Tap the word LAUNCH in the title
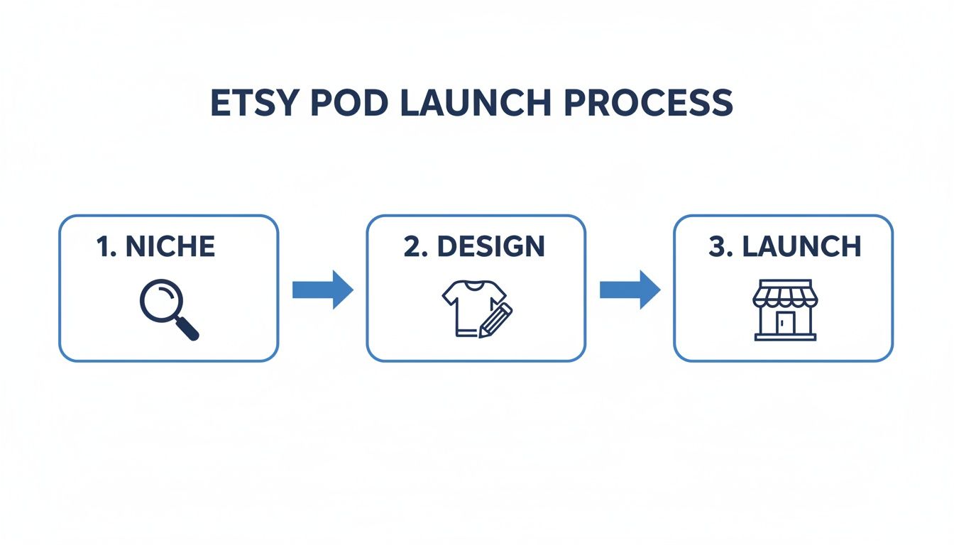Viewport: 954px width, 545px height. pyautogui.click(x=474, y=104)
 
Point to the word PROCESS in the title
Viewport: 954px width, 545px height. pyautogui.click(x=648, y=104)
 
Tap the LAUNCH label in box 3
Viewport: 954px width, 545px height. pyautogui.click(x=801, y=246)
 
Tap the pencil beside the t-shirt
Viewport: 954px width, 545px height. pyautogui.click(x=496, y=320)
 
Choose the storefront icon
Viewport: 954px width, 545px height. pyautogui.click(x=784, y=309)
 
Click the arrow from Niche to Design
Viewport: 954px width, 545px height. pyautogui.click(x=323, y=289)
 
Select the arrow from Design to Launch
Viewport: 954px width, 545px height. pyautogui.click(x=630, y=289)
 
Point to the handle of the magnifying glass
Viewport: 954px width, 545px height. pyautogui.click(x=187, y=328)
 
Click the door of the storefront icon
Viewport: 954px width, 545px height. pyautogui.click(x=784, y=323)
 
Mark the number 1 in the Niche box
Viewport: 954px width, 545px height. pyautogui.click(x=104, y=246)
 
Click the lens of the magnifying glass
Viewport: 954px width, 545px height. pyautogui.click(x=160, y=300)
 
